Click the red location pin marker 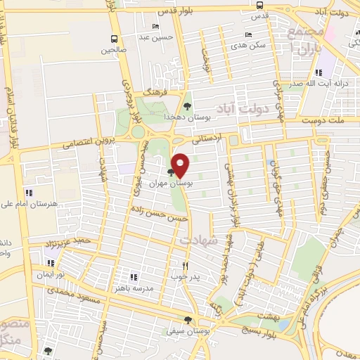pyautogui.click(x=181, y=165)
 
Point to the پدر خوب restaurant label pyautogui.click(x=186, y=276)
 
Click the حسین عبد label pyautogui.click(x=153, y=37)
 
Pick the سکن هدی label pyautogui.click(x=252, y=45)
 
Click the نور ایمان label pyautogui.click(x=51, y=274)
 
